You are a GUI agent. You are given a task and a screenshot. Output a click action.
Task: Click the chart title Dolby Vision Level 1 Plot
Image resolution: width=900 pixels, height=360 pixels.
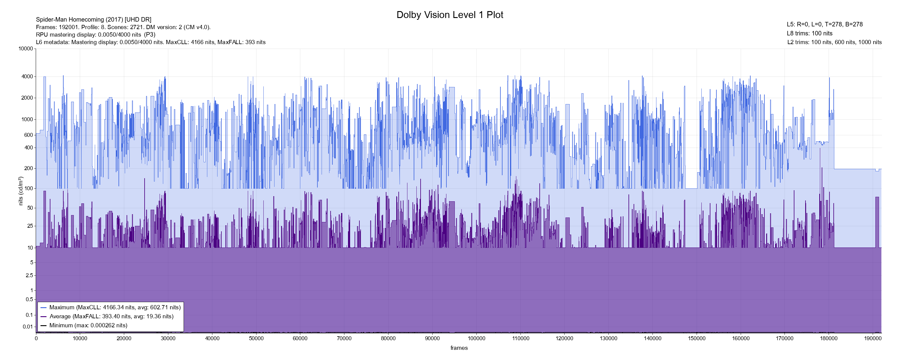click(x=450, y=15)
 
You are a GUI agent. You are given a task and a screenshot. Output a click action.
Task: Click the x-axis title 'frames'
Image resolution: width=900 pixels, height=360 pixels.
click(x=459, y=348)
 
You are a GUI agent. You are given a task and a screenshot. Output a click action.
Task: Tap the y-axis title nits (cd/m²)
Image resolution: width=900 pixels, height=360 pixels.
click(x=21, y=191)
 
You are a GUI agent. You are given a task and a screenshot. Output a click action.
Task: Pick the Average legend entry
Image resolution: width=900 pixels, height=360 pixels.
click(x=111, y=316)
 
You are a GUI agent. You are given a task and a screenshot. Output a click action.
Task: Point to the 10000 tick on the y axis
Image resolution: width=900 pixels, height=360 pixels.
click(x=26, y=49)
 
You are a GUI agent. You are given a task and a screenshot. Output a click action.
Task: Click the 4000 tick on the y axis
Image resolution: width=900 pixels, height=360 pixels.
click(x=27, y=76)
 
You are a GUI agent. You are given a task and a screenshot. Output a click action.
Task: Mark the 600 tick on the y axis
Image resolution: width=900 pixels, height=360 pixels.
click(x=28, y=135)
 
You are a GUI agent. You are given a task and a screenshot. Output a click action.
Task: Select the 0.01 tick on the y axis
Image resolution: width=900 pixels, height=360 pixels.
click(x=28, y=327)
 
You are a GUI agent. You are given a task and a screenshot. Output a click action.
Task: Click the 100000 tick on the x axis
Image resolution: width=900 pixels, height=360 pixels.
click(x=477, y=338)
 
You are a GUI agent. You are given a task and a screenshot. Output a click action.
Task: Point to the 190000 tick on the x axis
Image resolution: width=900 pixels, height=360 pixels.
click(x=873, y=338)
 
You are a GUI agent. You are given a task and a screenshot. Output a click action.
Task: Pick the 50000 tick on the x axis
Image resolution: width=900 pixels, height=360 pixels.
click(x=256, y=338)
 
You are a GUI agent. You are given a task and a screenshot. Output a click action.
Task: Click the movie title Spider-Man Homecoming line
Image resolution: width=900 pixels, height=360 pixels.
click(x=94, y=19)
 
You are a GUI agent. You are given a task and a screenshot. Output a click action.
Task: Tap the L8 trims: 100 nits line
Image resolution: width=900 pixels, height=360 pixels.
click(x=809, y=34)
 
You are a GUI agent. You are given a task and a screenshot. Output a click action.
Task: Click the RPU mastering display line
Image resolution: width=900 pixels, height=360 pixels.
click(x=95, y=34)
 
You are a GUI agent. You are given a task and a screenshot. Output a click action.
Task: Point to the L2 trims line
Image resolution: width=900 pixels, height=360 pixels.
click(x=834, y=42)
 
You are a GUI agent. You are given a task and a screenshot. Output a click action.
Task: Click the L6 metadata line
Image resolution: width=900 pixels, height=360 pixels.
click(x=151, y=42)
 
